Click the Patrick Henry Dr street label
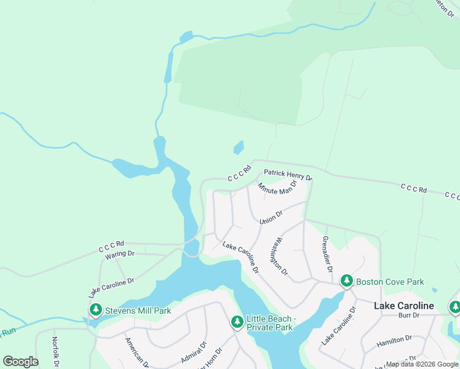click(288, 175)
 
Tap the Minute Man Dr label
click(277, 188)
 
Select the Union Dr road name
click(271, 217)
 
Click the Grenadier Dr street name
click(327, 254)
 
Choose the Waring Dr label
click(119, 253)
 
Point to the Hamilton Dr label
click(394, 339)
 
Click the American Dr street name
click(137, 352)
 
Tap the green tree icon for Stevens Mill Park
click(95, 310)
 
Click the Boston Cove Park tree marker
click(346, 281)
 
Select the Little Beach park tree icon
click(237, 321)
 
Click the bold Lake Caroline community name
click(404, 306)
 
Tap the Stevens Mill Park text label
click(137, 311)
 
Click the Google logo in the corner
click(20, 361)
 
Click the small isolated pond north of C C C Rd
click(239, 148)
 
